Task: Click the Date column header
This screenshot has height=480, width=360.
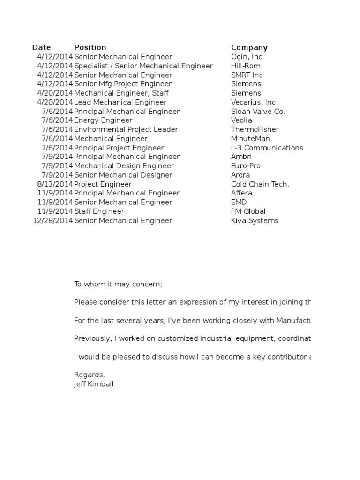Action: tap(41, 47)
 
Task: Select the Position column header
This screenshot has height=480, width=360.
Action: tap(90, 47)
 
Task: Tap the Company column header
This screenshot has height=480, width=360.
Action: tap(249, 47)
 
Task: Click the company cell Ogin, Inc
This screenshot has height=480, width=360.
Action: tap(247, 57)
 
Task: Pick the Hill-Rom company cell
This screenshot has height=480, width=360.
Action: tap(246, 66)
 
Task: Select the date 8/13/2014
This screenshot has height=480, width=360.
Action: tap(55, 184)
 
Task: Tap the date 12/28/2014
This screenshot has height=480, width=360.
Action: tap(53, 221)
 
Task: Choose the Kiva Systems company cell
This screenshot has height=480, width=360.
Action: tap(255, 221)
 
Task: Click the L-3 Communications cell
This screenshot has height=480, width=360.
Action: tap(267, 148)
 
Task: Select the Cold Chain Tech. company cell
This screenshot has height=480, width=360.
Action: tap(260, 184)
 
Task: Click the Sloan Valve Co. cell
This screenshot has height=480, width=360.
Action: tap(258, 111)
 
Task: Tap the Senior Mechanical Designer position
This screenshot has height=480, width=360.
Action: tap(123, 175)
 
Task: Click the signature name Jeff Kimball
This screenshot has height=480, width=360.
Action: tap(94, 384)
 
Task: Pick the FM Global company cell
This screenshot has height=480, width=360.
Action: tap(248, 211)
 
